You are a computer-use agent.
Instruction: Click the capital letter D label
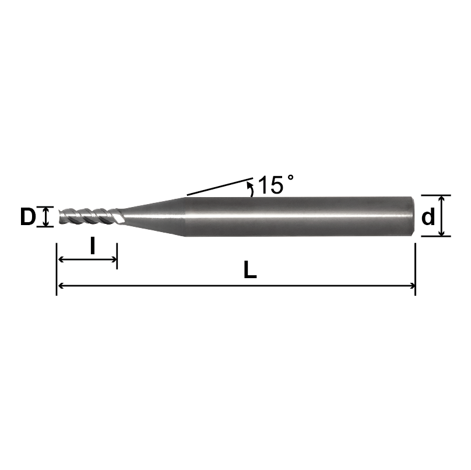27,217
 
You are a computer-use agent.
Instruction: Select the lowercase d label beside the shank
428,217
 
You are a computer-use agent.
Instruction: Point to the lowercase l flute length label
92,245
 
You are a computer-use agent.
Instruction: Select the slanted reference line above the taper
219,186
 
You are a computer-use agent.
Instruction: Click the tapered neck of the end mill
154,216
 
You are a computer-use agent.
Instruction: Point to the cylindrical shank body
297,216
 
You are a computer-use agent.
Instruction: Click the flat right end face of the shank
413,216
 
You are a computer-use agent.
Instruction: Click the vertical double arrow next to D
47,217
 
